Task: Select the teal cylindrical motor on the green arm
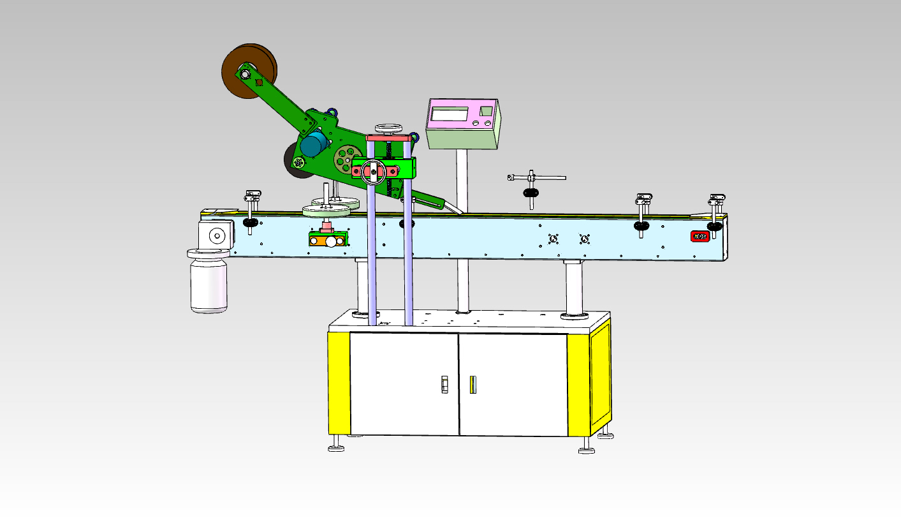[x=312, y=145]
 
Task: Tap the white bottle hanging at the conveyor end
[x=209, y=284]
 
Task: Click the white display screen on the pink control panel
[x=450, y=114]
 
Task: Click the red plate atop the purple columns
[x=387, y=137]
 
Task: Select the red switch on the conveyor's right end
[x=700, y=236]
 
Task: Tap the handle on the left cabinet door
[x=445, y=384]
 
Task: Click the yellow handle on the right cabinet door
[x=472, y=385]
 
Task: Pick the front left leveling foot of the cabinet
[x=336, y=447]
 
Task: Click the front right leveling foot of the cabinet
[x=587, y=449]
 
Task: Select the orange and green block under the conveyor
[x=328, y=239]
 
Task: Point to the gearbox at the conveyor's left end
[x=216, y=236]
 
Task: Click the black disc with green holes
[x=297, y=163]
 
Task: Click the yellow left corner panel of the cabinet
[x=339, y=383]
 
